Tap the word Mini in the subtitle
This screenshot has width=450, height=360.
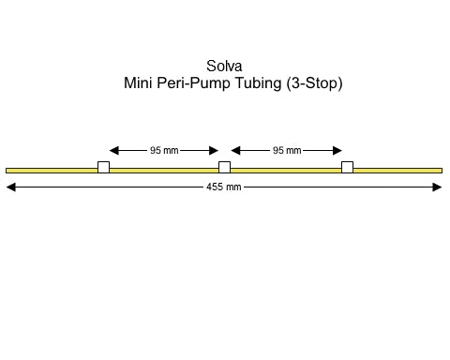coord(140,83)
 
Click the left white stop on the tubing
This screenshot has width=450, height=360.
coord(103,168)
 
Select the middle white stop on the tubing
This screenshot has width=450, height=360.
coord(224,168)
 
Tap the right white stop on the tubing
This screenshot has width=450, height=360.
coord(347,168)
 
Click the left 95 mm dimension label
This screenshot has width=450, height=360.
coord(164,150)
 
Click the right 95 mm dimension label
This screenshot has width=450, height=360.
coord(286,150)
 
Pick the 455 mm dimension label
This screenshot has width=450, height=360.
coord(224,187)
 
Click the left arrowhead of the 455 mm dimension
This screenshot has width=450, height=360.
coord(11,187)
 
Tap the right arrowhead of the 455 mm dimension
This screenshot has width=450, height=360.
coord(437,187)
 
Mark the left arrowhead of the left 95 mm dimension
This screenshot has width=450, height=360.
coord(114,150)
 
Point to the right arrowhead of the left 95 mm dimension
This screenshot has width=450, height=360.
coord(214,150)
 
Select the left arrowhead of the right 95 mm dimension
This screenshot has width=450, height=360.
coord(236,150)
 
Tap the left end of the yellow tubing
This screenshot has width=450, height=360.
coord(8,170)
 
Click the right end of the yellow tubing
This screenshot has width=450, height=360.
coord(440,170)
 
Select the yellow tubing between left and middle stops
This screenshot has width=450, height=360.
coord(164,170)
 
